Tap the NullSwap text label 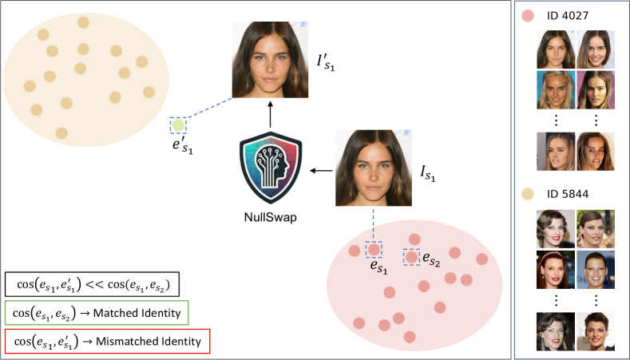click(x=270, y=216)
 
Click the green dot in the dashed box click(x=178, y=125)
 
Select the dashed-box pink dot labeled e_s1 click(x=373, y=250)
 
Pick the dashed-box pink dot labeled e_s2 click(x=412, y=257)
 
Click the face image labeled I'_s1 click(x=270, y=61)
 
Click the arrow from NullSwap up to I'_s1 click(x=270, y=116)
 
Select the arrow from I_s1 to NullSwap click(x=322, y=170)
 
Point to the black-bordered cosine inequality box click(x=91, y=285)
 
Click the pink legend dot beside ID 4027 click(x=527, y=15)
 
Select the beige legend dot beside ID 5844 click(x=527, y=193)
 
